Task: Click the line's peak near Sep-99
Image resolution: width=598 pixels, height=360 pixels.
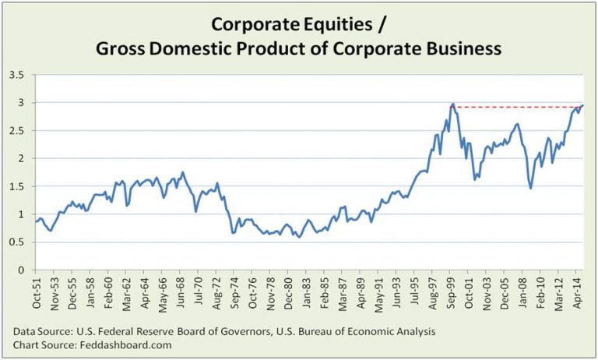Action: point(452,104)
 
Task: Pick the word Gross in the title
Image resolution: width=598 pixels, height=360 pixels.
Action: point(119,49)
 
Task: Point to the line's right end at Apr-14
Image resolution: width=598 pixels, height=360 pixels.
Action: point(583,105)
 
